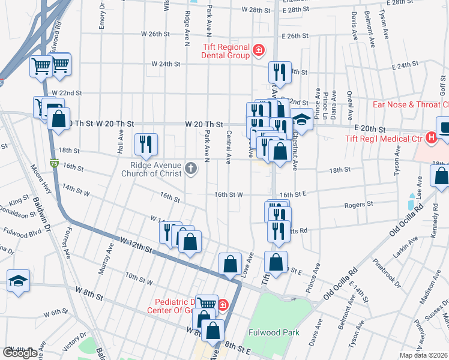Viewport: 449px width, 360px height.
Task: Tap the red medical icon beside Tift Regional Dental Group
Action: (258, 49)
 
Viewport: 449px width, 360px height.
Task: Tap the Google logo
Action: (20, 353)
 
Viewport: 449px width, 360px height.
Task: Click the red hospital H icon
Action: (430, 139)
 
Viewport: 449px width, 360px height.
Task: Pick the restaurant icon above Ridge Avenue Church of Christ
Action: (146, 143)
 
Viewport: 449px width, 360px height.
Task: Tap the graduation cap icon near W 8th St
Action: (18, 281)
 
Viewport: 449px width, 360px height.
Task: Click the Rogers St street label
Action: (358, 205)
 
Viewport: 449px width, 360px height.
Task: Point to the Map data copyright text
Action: (424, 355)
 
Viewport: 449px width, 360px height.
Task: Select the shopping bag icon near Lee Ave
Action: (441, 176)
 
